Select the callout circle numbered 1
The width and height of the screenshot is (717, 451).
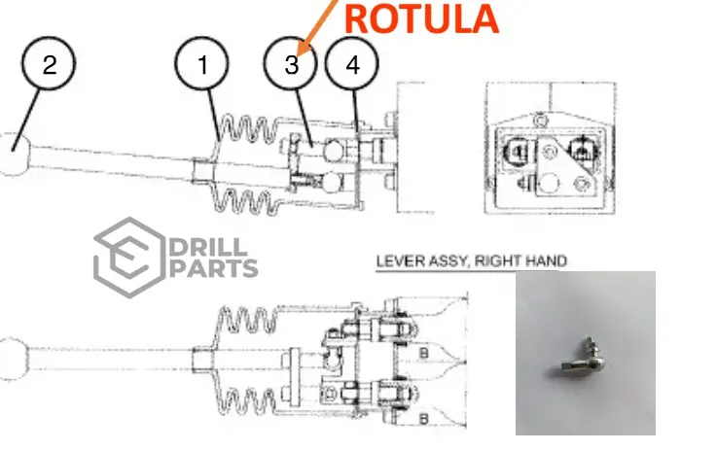(202, 65)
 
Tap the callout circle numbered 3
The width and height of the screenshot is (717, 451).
(292, 65)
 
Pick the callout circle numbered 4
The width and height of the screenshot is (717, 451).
(352, 65)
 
